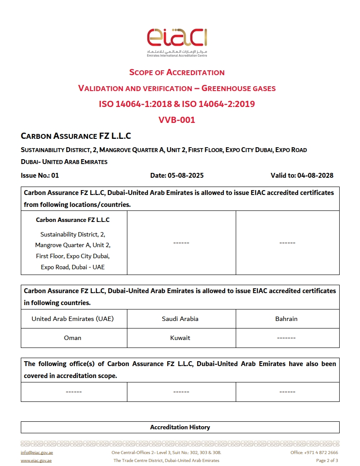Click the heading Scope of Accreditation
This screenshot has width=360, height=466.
(x=177, y=73)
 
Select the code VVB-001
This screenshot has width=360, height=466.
(x=177, y=120)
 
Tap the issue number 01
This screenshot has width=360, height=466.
(x=55, y=176)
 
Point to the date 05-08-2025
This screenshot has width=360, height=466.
(x=186, y=176)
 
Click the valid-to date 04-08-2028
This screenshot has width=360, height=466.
(x=315, y=176)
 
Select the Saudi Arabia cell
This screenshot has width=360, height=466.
(x=180, y=319)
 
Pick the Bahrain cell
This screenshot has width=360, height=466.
(x=287, y=319)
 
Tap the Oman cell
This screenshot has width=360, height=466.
(x=73, y=338)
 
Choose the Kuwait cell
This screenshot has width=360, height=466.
(x=180, y=338)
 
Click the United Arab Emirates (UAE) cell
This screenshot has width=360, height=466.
(x=73, y=319)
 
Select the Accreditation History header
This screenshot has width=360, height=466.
(x=180, y=427)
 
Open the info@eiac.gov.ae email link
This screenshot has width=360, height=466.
(x=37, y=453)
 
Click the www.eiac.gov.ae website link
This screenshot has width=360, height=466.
(x=36, y=461)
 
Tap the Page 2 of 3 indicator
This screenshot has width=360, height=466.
(x=327, y=461)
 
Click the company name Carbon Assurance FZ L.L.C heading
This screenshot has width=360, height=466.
(x=76, y=136)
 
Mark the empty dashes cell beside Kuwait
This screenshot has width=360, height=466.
(x=287, y=338)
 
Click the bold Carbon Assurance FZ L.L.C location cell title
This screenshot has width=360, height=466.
(x=73, y=220)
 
